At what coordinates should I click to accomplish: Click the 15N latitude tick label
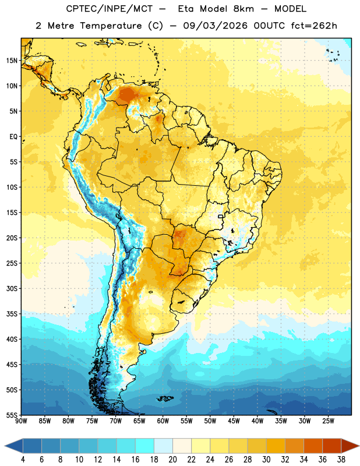(x=12, y=61)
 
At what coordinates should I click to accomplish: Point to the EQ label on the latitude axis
(x=13, y=137)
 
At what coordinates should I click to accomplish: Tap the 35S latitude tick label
(x=12, y=314)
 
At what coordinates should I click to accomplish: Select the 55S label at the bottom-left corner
(x=12, y=415)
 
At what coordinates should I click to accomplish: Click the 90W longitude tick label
(x=21, y=421)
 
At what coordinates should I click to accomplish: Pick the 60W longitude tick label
(x=163, y=421)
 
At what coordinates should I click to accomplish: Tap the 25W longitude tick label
(x=328, y=421)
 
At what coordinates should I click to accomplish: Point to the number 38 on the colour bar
(x=341, y=460)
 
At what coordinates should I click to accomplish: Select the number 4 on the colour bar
(x=23, y=460)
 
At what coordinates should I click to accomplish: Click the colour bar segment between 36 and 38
(x=332, y=446)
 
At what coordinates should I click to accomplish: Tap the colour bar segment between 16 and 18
(x=145, y=446)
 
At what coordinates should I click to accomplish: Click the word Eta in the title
(x=186, y=9)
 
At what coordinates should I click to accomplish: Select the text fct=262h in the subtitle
(x=314, y=26)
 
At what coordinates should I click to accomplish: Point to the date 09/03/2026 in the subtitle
(x=215, y=26)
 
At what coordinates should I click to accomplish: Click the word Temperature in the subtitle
(x=111, y=26)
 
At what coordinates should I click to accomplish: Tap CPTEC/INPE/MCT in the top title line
(x=109, y=9)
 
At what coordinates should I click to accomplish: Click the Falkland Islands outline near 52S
(x=165, y=398)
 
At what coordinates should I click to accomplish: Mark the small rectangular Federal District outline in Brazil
(x=221, y=217)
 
